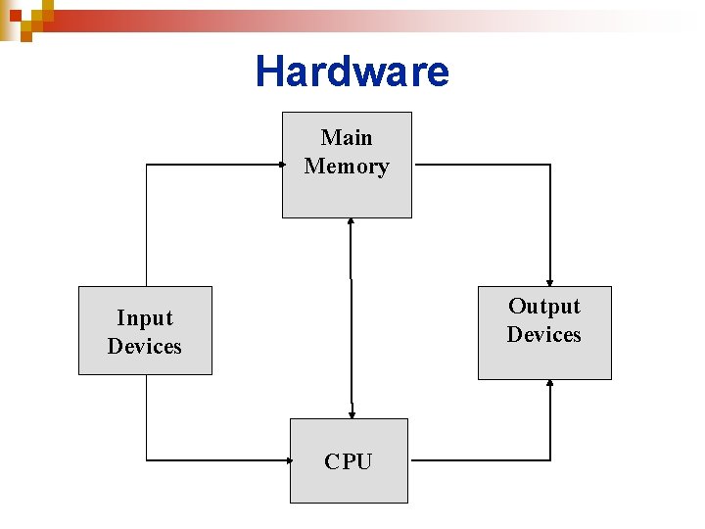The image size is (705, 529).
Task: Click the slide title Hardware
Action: [352, 72]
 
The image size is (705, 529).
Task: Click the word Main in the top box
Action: [347, 137]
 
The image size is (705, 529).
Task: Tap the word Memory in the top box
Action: [347, 167]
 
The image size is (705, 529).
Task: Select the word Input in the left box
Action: [144, 317]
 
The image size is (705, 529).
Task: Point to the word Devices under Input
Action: [144, 347]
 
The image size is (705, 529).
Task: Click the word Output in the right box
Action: [543, 306]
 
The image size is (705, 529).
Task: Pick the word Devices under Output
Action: [543, 335]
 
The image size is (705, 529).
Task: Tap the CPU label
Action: [349, 461]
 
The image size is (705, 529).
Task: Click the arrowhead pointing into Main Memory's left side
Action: [277, 165]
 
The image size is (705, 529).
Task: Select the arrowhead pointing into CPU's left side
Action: [285, 459]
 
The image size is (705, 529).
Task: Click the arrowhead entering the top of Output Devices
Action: [550, 281]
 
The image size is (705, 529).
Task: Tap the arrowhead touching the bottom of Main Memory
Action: [351, 223]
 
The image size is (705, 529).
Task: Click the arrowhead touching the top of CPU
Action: [351, 413]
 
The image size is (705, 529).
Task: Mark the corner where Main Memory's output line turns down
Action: [550, 165]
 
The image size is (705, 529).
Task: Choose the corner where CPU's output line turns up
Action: [550, 459]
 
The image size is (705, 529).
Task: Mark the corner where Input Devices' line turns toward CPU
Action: [146, 459]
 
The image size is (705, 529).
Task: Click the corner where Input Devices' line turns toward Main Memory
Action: [146, 165]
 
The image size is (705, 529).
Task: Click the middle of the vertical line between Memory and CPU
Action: [351, 318]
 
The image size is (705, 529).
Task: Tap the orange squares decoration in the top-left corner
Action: [23, 18]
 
